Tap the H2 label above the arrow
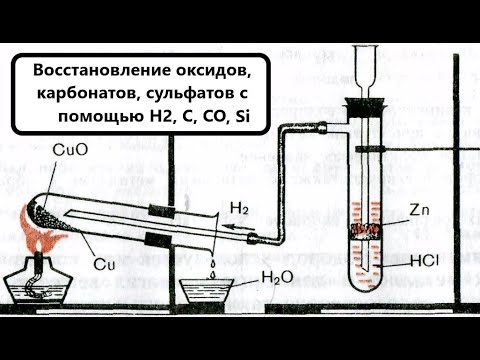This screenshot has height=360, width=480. coord(240,209)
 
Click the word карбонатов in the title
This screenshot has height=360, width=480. coord(83,95)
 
